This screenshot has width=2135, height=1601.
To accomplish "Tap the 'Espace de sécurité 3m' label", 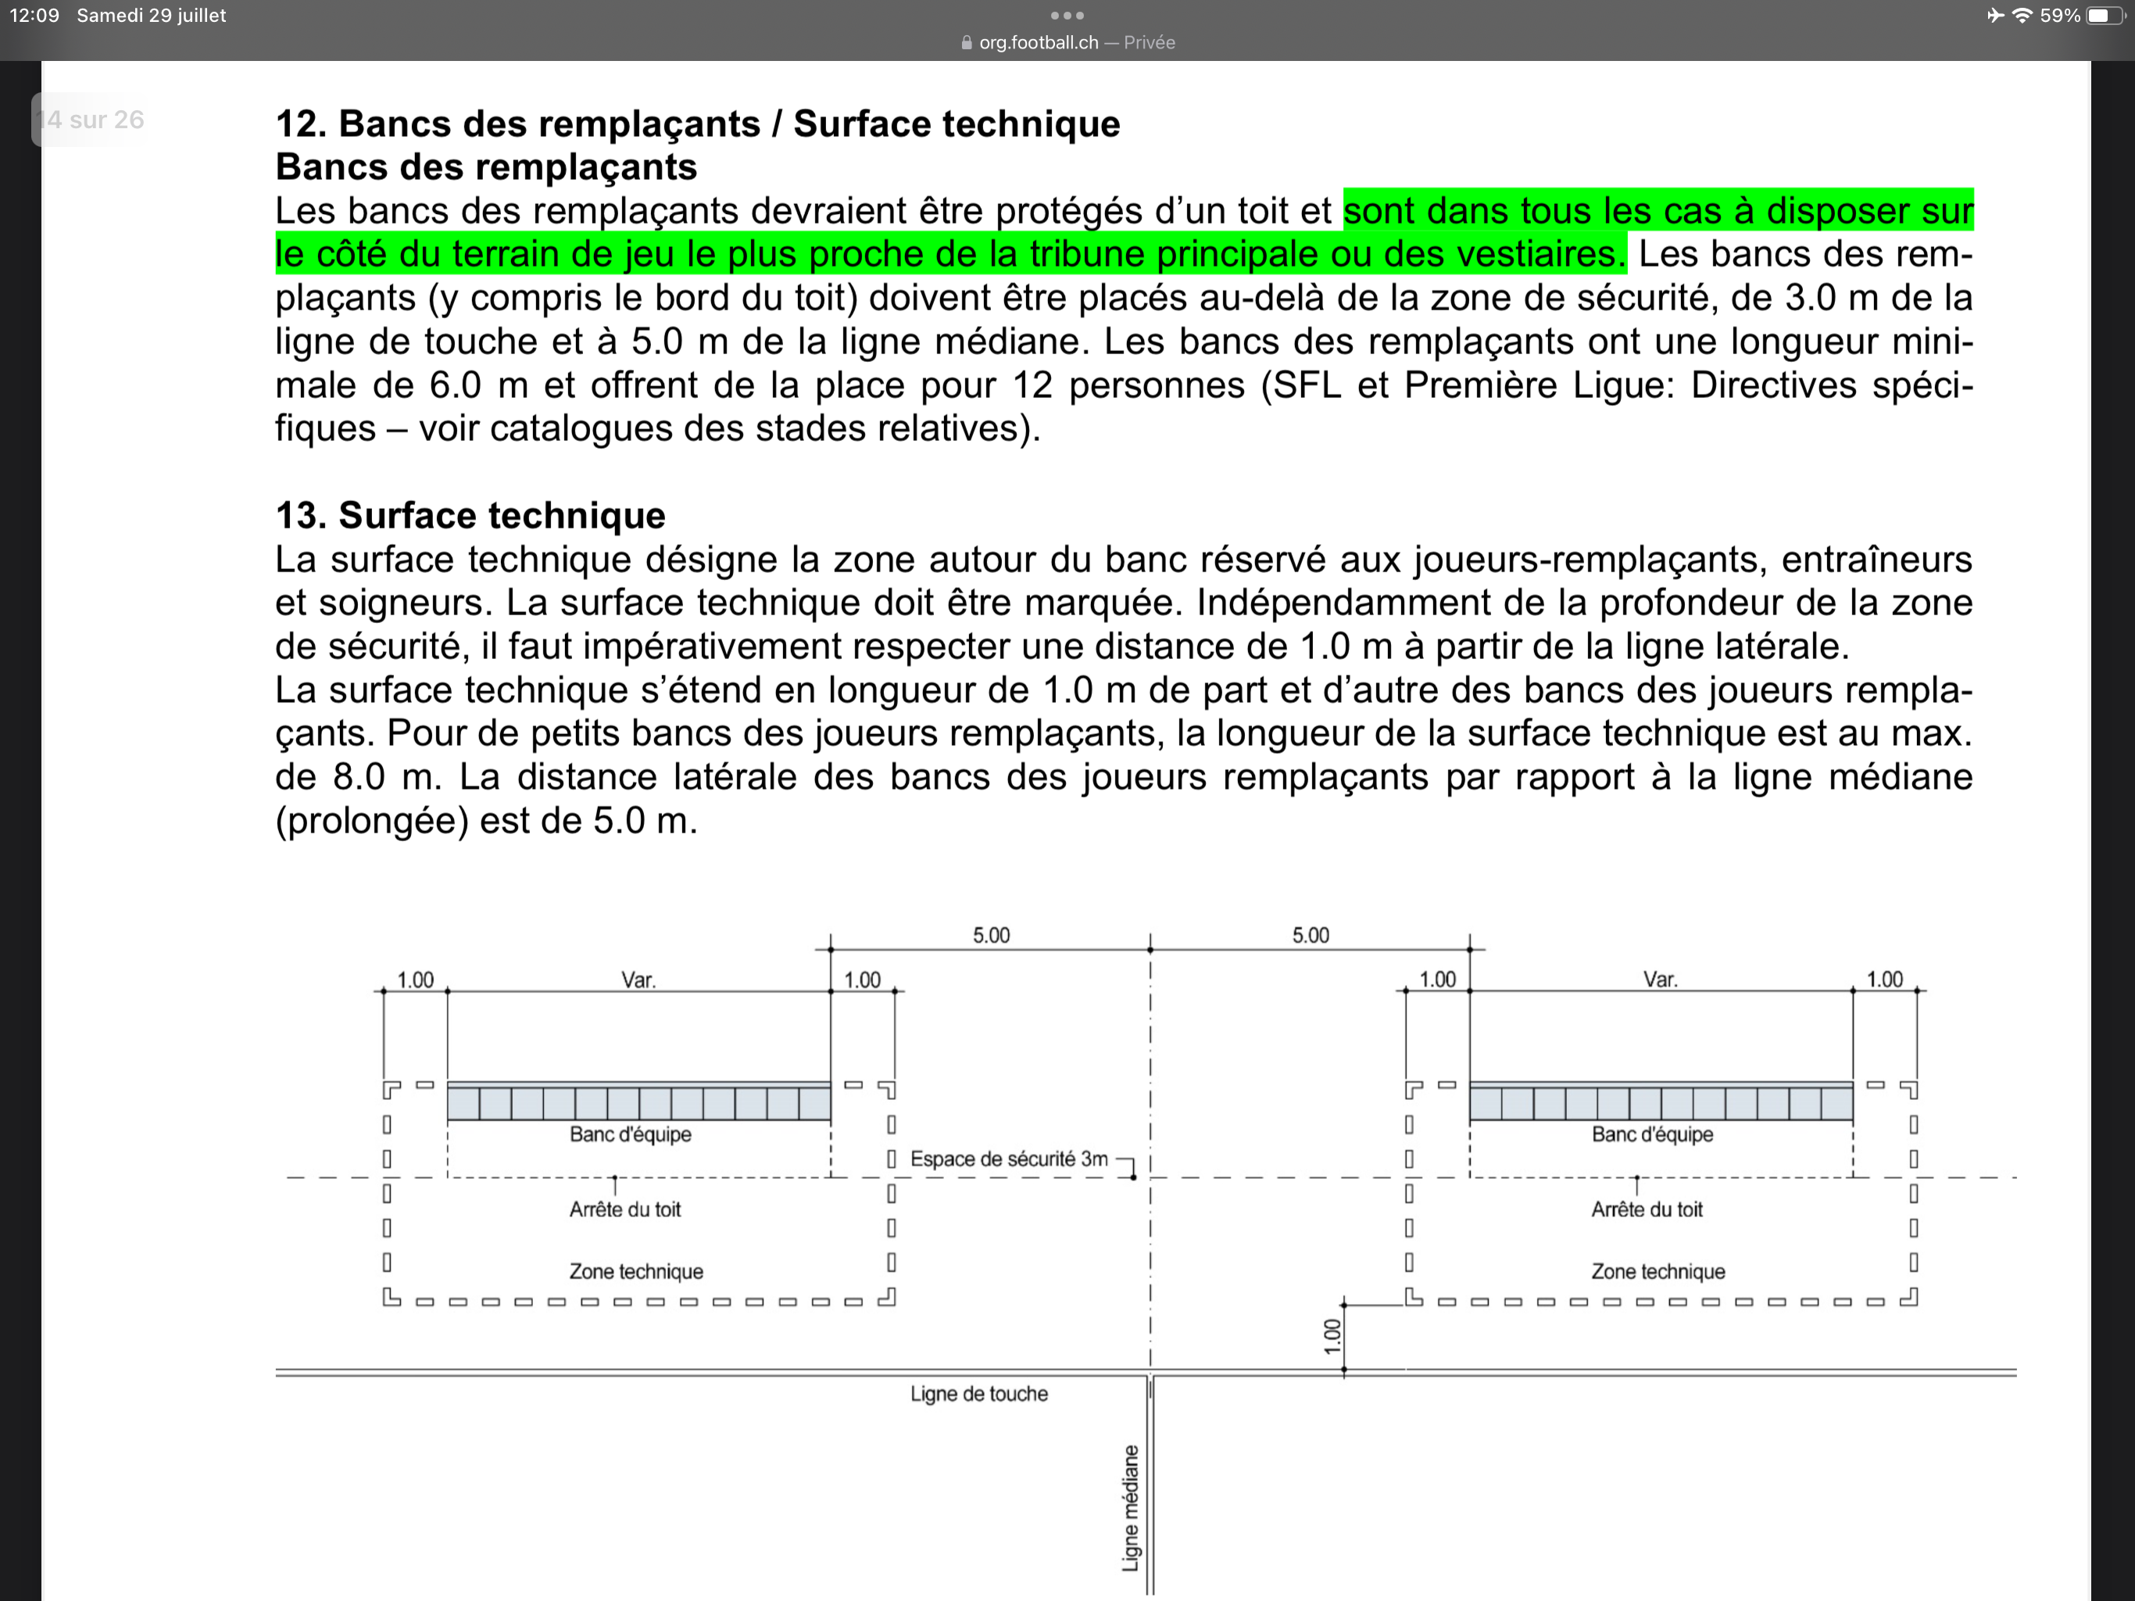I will click(x=1009, y=1159).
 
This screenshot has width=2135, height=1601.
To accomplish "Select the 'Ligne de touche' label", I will click(x=978, y=1393).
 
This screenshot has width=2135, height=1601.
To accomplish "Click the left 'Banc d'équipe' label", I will click(x=631, y=1134).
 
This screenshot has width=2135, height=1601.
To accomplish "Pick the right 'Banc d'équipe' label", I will click(x=1652, y=1134).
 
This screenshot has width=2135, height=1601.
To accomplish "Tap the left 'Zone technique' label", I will click(x=636, y=1272).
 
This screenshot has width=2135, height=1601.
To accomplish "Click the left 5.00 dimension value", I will click(x=991, y=935).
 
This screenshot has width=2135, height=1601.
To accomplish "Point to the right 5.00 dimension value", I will click(x=1311, y=935).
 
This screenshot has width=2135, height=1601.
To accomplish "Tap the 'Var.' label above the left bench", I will click(x=638, y=980).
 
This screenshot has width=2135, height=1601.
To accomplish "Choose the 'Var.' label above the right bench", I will click(x=1660, y=980).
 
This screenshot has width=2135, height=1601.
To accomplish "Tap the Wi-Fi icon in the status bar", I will click(x=2021, y=16).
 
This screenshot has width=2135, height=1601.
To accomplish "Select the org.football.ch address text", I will click(x=1039, y=42).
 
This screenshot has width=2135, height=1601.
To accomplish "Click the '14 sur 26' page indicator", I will click(x=90, y=120).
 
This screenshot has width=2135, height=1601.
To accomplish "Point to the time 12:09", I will click(x=34, y=16).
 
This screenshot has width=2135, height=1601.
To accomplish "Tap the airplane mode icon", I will click(x=1994, y=16).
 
